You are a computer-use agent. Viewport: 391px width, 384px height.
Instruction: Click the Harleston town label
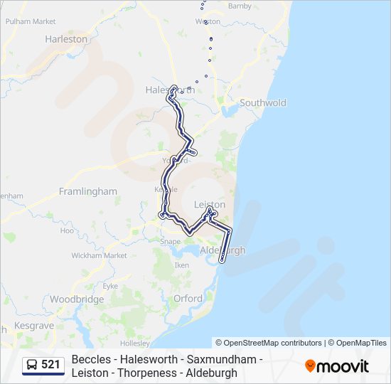[x=66, y=39]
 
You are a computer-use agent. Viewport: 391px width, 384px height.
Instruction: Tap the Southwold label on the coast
[x=263, y=102]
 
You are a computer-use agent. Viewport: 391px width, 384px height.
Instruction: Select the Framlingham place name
[x=87, y=191]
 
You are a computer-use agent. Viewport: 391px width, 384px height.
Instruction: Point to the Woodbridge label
[x=77, y=299]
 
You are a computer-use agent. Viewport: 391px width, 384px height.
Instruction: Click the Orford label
[x=188, y=299]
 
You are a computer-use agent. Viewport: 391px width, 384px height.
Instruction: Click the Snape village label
[x=170, y=242]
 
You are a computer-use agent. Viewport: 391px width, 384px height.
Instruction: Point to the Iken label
[x=182, y=265]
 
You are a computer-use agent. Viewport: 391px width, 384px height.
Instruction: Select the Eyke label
[x=109, y=285]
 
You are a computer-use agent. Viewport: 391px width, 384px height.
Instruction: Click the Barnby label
[x=240, y=6]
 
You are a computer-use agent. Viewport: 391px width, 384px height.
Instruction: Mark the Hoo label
[x=67, y=230]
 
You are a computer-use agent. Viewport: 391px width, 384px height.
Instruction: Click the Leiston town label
[x=210, y=204]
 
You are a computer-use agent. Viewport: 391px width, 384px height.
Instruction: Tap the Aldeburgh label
[x=223, y=251]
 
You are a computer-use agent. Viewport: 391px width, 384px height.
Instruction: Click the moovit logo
[x=337, y=366]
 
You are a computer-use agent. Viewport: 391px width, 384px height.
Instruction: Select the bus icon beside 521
[x=33, y=365]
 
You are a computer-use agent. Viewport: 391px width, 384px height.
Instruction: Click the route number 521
[x=50, y=365]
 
